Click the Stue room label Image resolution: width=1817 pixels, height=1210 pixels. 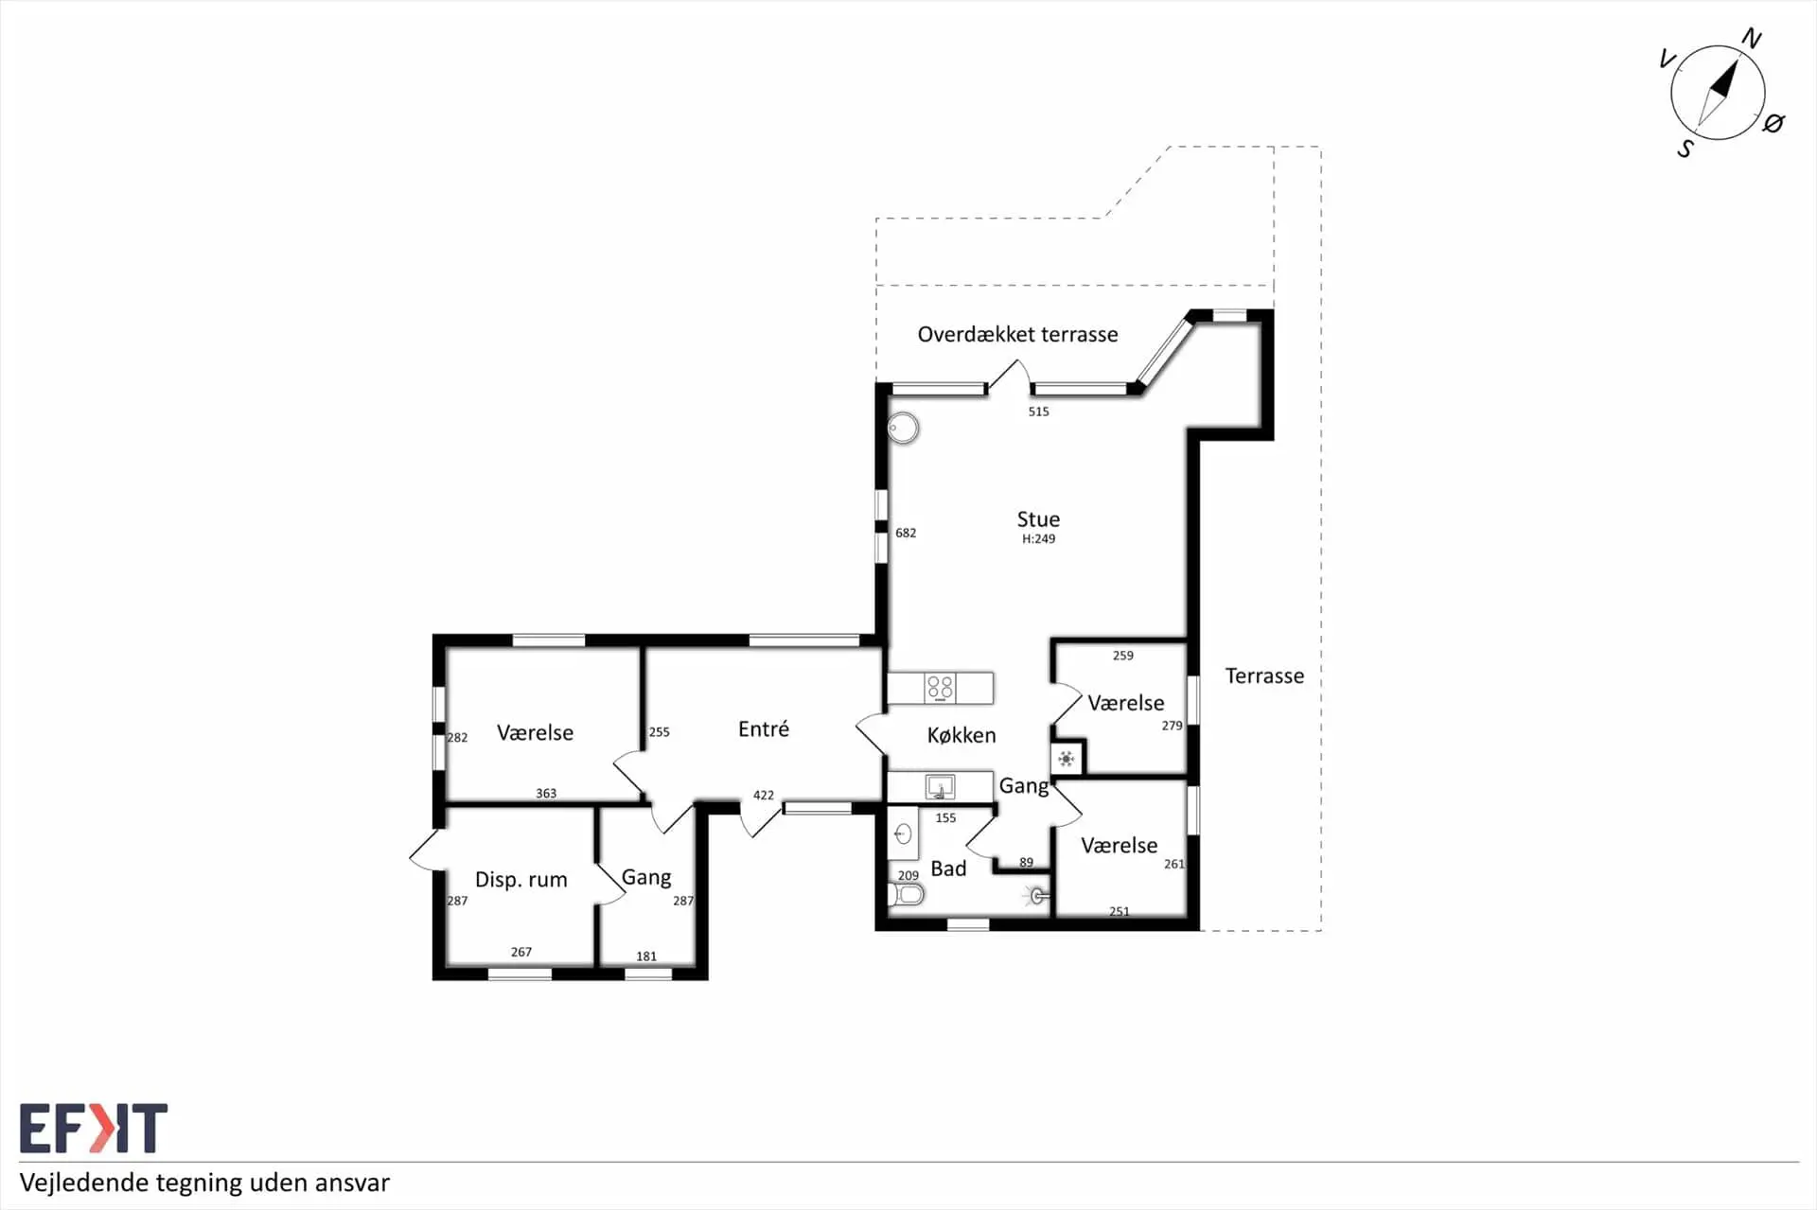(x=1038, y=519)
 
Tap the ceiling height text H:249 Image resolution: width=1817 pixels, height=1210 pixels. (x=1038, y=539)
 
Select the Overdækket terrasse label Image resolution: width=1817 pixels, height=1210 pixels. (x=1017, y=334)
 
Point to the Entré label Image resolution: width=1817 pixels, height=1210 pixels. (x=764, y=728)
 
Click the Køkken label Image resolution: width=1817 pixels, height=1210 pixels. (x=961, y=735)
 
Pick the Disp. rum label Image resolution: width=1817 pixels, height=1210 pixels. (x=520, y=880)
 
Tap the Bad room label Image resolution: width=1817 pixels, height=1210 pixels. (x=948, y=868)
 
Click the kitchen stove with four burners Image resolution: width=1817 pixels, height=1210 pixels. (x=940, y=688)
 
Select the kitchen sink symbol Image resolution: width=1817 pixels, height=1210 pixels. (x=940, y=787)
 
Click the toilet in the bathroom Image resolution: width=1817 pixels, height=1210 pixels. (x=906, y=894)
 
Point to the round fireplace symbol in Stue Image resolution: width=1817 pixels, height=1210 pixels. (x=904, y=429)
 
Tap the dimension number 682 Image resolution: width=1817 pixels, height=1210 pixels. (x=906, y=534)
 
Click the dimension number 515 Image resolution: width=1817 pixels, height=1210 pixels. (x=1038, y=412)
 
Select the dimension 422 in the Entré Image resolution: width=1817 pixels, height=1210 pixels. (x=764, y=796)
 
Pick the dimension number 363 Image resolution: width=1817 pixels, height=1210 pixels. (x=546, y=794)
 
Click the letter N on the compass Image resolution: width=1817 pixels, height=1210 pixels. (x=1752, y=39)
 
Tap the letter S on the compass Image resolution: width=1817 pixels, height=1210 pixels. (x=1685, y=149)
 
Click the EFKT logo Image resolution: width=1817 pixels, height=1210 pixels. (x=94, y=1128)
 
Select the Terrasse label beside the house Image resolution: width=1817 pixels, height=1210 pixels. (x=1264, y=675)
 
